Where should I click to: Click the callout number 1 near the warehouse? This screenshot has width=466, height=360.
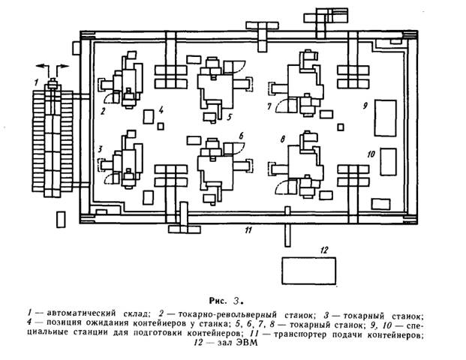pyautogui.click(x=35, y=79)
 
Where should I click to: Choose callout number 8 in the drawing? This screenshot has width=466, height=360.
pyautogui.click(x=281, y=139)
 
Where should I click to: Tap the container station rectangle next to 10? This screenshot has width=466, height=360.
pyautogui.click(x=389, y=160)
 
